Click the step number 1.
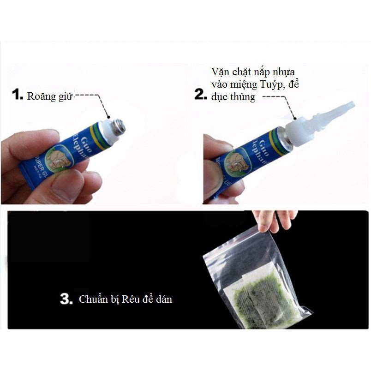17,96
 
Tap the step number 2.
200,95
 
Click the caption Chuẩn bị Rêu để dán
125,299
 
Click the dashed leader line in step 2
277,98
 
